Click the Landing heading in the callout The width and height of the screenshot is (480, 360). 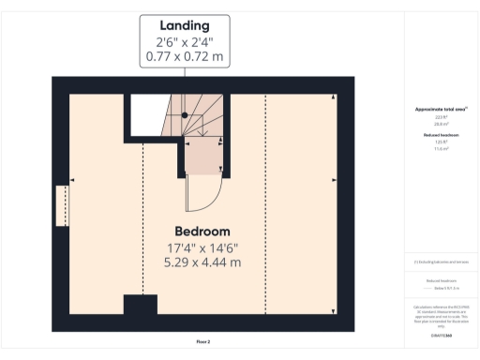(x=186, y=25)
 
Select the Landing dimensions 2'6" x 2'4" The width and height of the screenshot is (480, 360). (x=186, y=42)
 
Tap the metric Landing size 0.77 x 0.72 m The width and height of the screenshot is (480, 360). (x=186, y=57)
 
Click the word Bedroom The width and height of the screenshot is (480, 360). (x=202, y=232)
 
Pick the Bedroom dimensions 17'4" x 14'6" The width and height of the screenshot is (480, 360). (x=202, y=247)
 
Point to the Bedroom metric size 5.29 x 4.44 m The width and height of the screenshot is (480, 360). (x=202, y=262)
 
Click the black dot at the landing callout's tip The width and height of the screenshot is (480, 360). (x=186, y=114)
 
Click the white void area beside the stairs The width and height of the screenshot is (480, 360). (x=147, y=114)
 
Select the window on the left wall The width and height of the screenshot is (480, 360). (x=62, y=205)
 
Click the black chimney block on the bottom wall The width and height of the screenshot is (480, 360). (x=141, y=306)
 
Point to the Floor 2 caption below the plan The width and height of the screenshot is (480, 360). (x=203, y=342)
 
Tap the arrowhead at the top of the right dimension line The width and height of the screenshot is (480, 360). (x=334, y=97)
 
